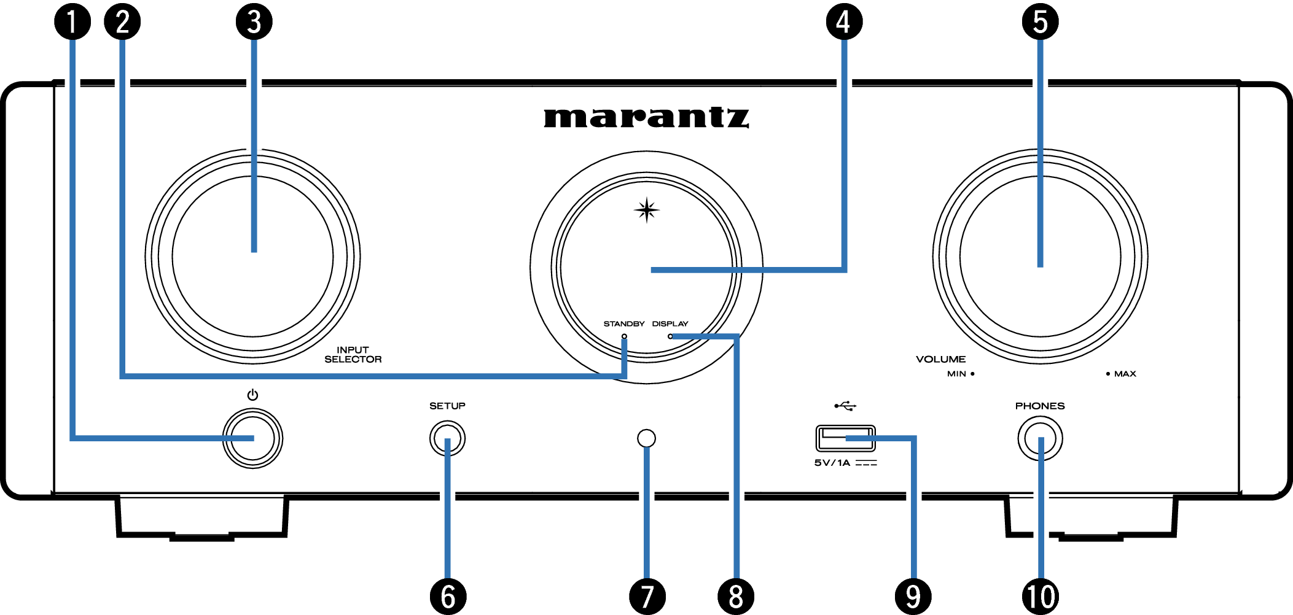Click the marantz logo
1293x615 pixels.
click(646, 117)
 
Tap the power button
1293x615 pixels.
click(252, 438)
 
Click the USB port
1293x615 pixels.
click(845, 438)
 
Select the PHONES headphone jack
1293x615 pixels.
click(1040, 438)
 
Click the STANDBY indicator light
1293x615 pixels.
click(624, 336)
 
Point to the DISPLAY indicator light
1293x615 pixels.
click(670, 336)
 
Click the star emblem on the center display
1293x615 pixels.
click(646, 211)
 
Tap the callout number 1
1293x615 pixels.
click(72, 21)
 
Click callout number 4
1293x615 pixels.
click(844, 21)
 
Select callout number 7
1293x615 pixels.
click(647, 596)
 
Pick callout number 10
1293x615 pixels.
click(1041, 596)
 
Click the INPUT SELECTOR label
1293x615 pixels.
click(353, 355)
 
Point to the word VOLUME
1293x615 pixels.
click(940, 359)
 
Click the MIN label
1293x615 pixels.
click(956, 374)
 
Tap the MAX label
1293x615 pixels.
click(1125, 374)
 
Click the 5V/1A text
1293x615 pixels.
click(832, 463)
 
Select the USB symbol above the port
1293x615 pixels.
click(845, 406)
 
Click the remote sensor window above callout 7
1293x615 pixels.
click(647, 438)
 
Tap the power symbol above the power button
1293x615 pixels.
click(252, 395)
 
